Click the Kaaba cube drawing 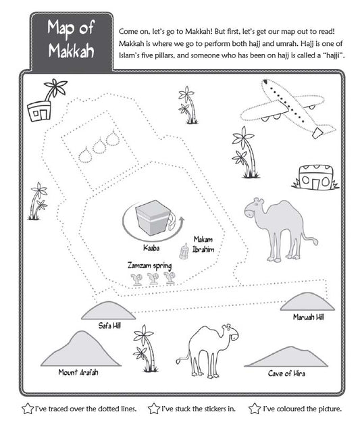click(x=153, y=218)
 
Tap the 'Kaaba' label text click(x=151, y=248)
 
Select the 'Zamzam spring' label click(x=149, y=265)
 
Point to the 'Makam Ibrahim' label click(x=203, y=244)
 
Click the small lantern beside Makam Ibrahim click(x=184, y=251)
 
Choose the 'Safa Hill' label click(x=109, y=326)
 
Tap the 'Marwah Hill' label click(x=309, y=317)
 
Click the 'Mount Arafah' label click(x=78, y=372)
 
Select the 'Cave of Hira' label click(x=286, y=374)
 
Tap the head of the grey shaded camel click(x=254, y=207)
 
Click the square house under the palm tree click(x=39, y=111)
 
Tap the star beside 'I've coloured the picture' click(x=255, y=409)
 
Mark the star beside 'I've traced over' click(x=27, y=409)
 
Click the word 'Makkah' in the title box click(x=71, y=51)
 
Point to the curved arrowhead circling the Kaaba click(x=182, y=220)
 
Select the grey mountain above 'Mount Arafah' click(x=81, y=349)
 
